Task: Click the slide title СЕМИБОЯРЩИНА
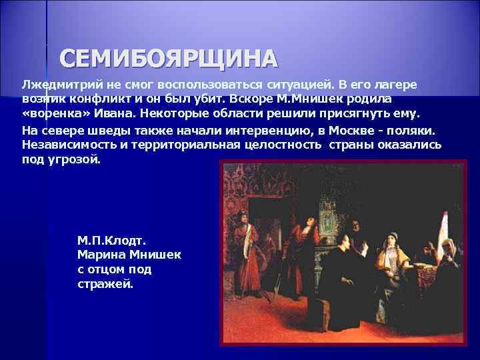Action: coord(167,59)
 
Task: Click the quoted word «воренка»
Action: coord(54,113)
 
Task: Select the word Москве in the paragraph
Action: coord(341,129)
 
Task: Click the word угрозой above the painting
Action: coord(76,161)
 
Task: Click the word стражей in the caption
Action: coord(105,285)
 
